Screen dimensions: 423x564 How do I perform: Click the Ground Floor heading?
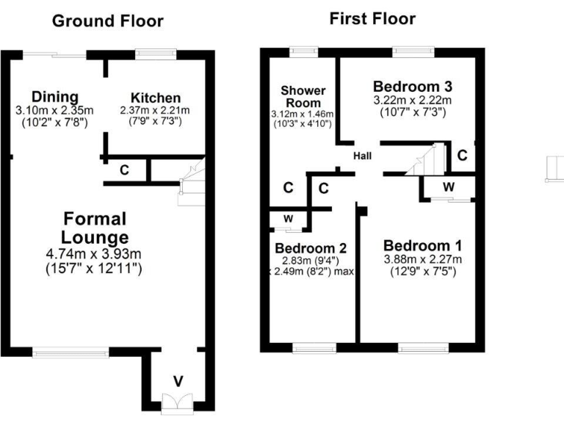[107, 21]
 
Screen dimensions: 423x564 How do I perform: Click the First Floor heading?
[372, 18]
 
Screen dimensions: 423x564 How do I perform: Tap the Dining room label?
[54, 98]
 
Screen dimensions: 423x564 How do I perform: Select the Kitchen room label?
[155, 98]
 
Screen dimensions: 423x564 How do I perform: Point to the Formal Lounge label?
[95, 228]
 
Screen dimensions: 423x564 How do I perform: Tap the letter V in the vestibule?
[178, 381]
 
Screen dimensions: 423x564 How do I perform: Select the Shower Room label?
[303, 96]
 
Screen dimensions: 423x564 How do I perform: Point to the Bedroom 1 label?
[422, 245]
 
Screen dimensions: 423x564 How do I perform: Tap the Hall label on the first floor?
[362, 156]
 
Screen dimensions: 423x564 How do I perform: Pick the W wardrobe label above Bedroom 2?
[289, 219]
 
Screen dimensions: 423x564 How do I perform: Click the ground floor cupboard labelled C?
[125, 170]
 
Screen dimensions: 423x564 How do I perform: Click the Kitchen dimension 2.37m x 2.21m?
[155, 111]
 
